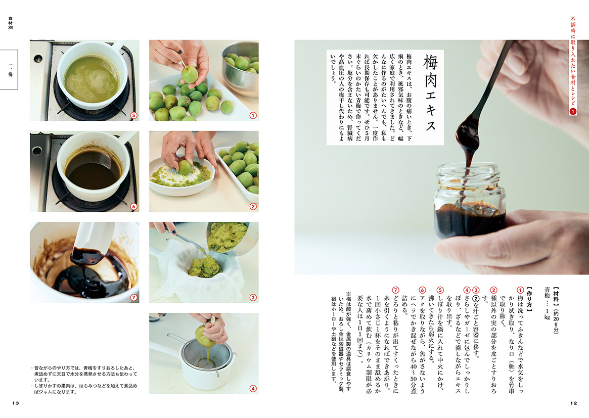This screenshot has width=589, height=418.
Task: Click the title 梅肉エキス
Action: click(430, 93)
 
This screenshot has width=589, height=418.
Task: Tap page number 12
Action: click(574, 403)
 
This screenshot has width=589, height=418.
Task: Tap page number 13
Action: click(15, 403)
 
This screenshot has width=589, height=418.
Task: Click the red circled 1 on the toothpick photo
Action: click(253, 115)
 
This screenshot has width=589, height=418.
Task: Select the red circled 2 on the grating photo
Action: click(253, 207)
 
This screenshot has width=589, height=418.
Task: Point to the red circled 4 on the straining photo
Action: click(253, 389)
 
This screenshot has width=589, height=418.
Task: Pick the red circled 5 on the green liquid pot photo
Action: click(134, 115)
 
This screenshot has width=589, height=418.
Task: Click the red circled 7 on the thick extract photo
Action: click(134, 297)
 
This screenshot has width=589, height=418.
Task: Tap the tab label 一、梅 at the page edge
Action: click(10, 70)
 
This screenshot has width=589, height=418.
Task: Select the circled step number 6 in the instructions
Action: click(422, 290)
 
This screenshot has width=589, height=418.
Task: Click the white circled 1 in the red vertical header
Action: click(573, 111)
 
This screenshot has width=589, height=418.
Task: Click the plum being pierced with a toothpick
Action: click(190, 74)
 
